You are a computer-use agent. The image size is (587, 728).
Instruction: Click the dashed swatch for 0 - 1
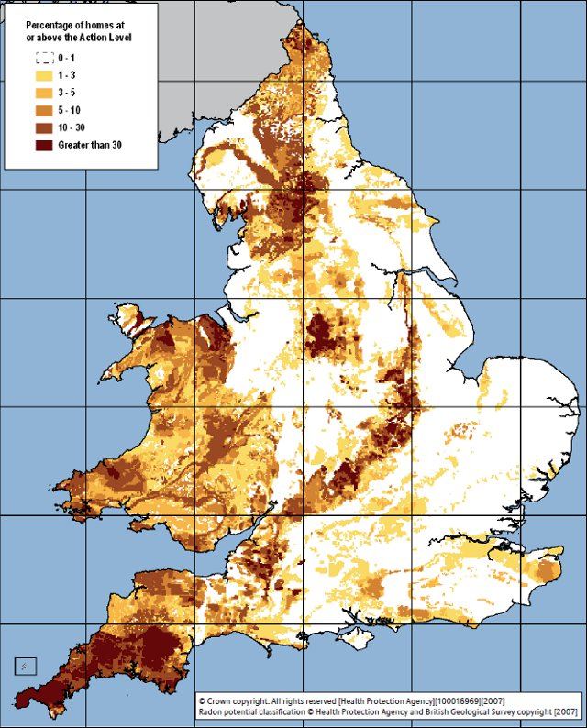click(44, 58)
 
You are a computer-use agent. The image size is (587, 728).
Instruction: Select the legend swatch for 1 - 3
click(44, 75)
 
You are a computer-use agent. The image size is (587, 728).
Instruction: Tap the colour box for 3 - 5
click(44, 93)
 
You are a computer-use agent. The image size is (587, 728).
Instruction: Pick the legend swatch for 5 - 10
click(44, 110)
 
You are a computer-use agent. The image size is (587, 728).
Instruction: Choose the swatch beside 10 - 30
click(44, 127)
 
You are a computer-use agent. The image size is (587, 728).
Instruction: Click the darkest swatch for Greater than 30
click(44, 145)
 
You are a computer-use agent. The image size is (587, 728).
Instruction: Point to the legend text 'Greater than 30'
click(90, 145)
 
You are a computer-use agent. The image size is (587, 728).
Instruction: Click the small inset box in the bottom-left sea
click(25, 666)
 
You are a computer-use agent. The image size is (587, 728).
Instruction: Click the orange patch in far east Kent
click(548, 571)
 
